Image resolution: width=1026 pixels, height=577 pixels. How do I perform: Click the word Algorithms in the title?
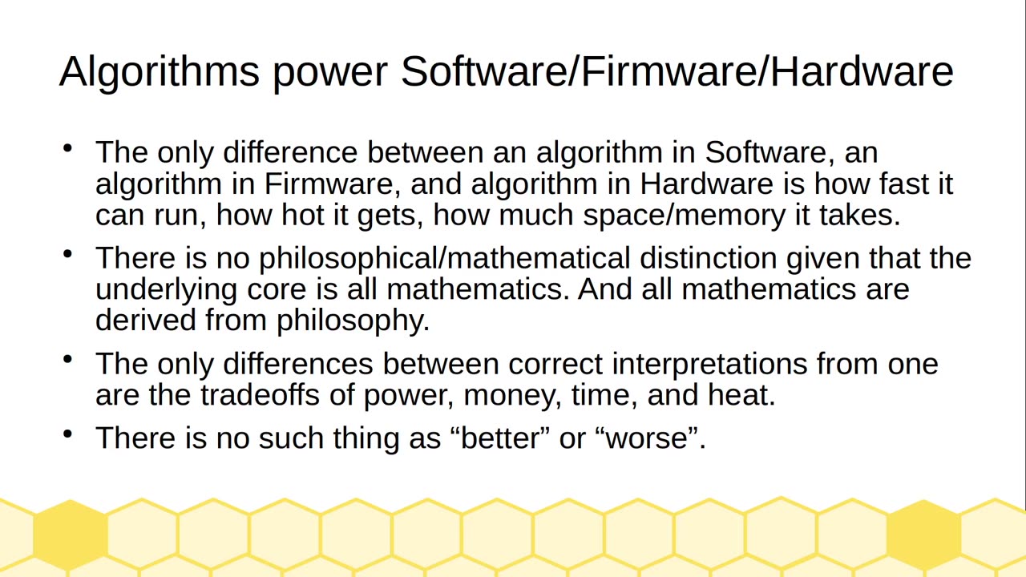point(160,72)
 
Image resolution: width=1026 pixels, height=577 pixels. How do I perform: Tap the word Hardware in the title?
point(862,71)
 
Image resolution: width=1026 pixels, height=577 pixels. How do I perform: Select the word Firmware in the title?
point(669,71)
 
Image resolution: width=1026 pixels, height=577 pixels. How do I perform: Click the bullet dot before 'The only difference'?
point(68,148)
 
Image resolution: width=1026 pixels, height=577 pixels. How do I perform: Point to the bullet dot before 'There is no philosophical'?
point(68,254)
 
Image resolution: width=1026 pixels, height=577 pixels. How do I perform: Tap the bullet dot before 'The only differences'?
point(68,359)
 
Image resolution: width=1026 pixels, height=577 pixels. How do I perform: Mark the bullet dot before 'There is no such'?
point(68,434)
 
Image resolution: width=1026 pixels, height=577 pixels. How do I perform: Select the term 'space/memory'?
point(684,216)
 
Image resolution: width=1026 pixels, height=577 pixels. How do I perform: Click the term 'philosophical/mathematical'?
point(444,259)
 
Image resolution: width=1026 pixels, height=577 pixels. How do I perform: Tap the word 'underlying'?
point(166,290)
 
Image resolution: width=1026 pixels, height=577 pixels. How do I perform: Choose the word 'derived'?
point(146,320)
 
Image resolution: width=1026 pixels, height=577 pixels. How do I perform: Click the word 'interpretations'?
point(709,365)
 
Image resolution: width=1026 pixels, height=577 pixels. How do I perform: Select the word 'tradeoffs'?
point(260,395)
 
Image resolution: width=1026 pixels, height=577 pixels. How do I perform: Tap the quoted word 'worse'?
point(647,438)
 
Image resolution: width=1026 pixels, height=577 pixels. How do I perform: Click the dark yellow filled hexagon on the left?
point(71,535)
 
